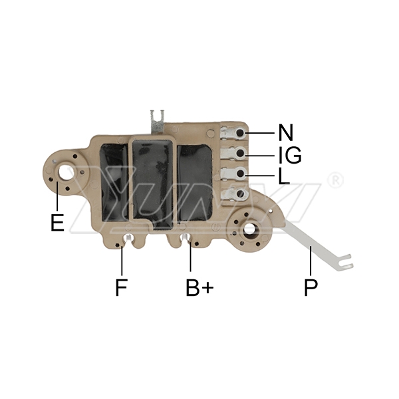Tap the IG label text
tap(289, 156)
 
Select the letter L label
tap(284, 177)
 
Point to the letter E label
tap(57, 222)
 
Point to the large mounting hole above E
tap(66, 171)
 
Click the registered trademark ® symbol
tap(336, 180)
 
